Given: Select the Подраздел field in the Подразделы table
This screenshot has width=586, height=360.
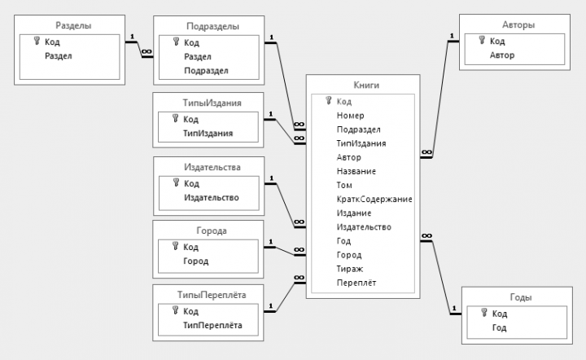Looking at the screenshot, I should point(206,70).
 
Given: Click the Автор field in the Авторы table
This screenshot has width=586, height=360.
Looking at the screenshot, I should point(502,55).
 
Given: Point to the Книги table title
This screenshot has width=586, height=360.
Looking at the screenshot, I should point(363,84).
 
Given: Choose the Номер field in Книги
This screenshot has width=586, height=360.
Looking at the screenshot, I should point(350,116).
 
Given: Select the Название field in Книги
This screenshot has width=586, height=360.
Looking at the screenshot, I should point(356,172).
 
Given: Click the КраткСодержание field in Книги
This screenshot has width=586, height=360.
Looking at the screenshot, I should point(374,200).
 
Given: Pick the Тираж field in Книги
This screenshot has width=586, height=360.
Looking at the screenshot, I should point(349,269).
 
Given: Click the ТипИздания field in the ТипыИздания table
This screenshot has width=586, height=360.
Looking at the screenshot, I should point(208,133).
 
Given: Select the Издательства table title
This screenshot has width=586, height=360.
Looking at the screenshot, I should point(209,168).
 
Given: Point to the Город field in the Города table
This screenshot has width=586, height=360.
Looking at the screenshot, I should point(195,261).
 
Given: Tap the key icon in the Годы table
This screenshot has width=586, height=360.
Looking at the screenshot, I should point(483,314).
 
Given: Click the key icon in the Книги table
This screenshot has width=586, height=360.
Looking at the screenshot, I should point(329,101).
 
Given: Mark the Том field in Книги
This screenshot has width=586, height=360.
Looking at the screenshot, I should point(344,186).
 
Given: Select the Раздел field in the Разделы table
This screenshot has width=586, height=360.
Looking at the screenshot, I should point(59,55).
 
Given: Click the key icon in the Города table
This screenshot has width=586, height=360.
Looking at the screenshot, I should point(174,247).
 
